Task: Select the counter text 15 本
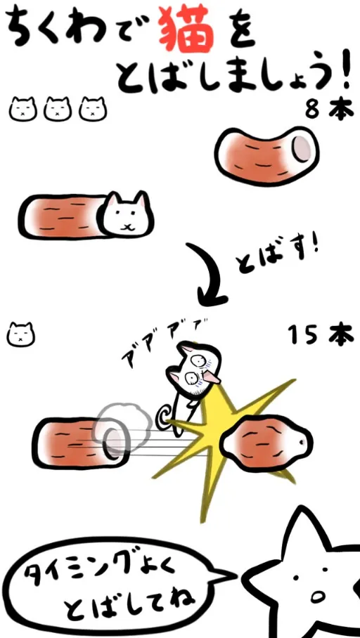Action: coord(321,335)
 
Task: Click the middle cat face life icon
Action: coord(58,109)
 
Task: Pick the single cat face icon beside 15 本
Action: coord(21,334)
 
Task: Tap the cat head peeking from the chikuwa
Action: coord(127,214)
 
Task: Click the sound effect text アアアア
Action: coord(163,341)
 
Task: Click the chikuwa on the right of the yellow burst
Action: coord(266,443)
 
